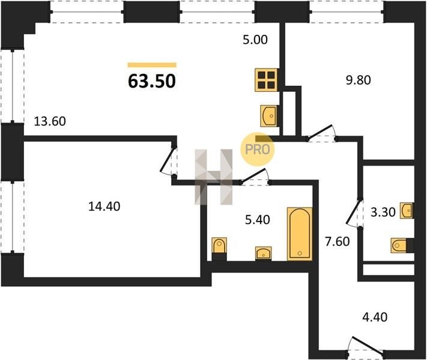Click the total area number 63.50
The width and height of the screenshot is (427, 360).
coord(152,81)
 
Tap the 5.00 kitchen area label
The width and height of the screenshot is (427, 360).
coord(255,40)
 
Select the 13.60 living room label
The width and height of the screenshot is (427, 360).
coord(50,121)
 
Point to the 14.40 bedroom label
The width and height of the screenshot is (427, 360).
coord(104,206)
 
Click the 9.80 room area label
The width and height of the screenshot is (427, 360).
coord(359,80)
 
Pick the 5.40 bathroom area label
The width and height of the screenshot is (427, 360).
coord(258,220)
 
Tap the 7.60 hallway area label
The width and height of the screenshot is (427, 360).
coord(338,241)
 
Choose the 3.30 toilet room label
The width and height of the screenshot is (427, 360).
coord(383,212)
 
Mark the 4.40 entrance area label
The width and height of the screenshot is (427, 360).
coord(375,317)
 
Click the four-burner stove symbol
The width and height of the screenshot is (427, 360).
coord(266,80)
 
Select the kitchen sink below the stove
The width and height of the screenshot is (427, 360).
coord(269,116)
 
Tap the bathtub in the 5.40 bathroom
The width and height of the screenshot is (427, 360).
coord(300,234)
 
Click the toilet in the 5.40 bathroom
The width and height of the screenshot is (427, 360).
coord(219,249)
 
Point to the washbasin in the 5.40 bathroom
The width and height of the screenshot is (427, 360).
coord(263,253)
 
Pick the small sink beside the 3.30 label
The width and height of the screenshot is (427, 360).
coord(407,211)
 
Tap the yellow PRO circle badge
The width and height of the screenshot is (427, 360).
coord(258,149)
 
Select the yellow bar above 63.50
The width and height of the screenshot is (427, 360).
coord(152,65)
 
